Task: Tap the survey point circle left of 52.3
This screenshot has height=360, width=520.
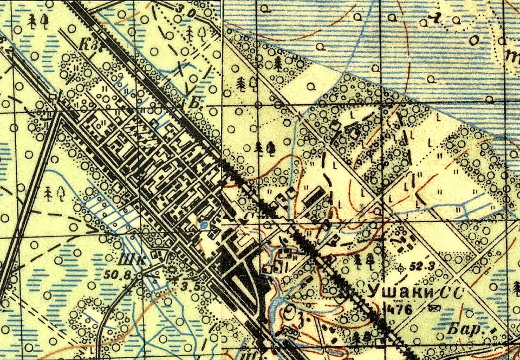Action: pos(401,267)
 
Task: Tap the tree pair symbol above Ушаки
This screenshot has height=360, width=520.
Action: pos(363,261)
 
